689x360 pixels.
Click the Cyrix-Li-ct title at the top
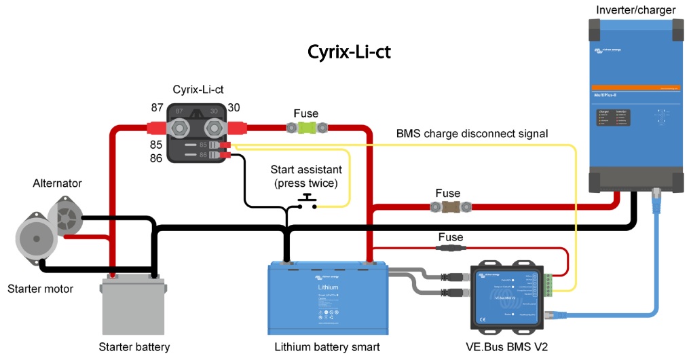[349, 52]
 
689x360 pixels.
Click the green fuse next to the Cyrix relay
[306, 127]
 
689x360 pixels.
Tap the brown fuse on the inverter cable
[449, 205]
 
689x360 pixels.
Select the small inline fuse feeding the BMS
[450, 249]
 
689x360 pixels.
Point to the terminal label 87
[157, 107]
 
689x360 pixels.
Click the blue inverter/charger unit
[634, 102]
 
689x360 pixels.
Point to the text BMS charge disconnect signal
[472, 133]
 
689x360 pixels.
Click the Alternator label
[57, 183]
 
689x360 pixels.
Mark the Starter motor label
[40, 289]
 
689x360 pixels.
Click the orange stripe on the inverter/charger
[634, 88]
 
